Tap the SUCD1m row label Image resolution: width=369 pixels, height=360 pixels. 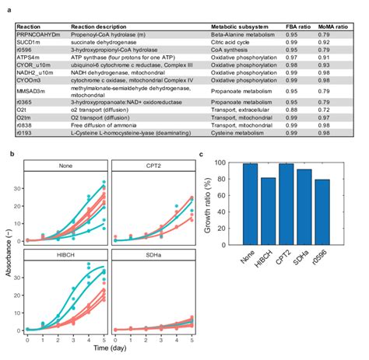tap(27, 41)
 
